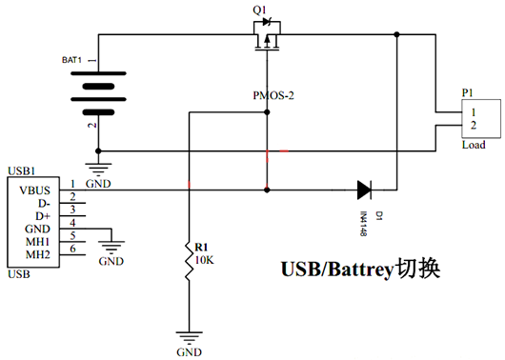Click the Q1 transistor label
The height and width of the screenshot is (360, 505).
(258, 10)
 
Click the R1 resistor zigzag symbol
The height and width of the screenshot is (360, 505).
(189, 262)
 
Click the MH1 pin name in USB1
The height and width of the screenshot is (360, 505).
(38, 242)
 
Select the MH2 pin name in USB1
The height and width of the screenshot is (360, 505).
(38, 254)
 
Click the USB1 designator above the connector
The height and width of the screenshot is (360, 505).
(22, 171)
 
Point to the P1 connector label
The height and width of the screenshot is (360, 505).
(468, 93)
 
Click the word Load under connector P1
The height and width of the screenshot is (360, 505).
(473, 145)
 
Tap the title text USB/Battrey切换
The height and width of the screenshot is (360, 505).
(360, 270)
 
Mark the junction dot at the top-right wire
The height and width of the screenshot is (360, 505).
(397, 34)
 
